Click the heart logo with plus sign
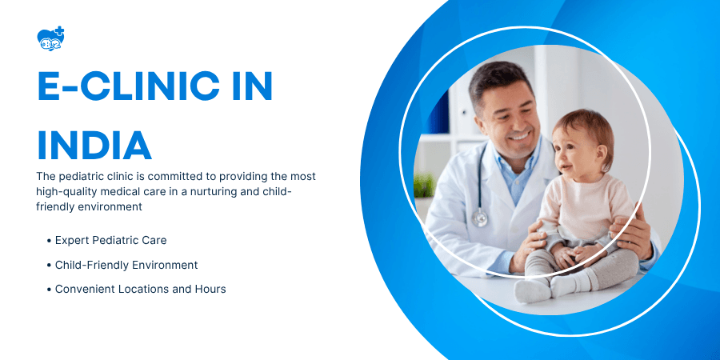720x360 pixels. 50,38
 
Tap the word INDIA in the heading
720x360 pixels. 94,145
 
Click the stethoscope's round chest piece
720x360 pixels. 479,217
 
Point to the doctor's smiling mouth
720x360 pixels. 521,136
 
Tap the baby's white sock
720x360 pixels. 533,290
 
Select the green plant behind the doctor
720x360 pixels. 424,186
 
